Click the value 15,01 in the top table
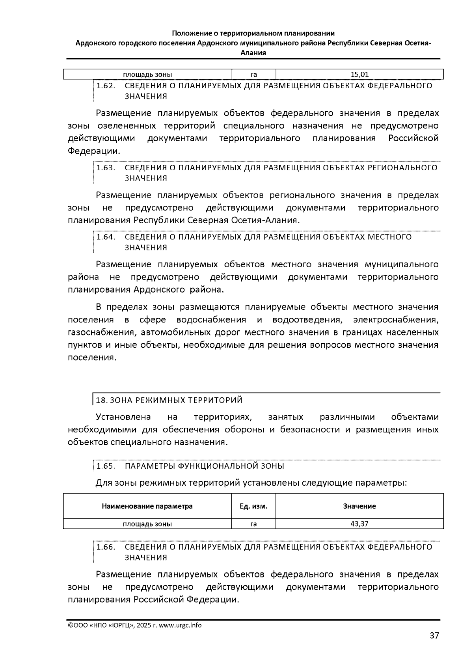click(359, 75)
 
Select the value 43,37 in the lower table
click(359, 524)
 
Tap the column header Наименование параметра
click(147, 506)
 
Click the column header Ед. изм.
click(253, 506)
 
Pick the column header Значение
click(359, 506)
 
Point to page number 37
click(434, 635)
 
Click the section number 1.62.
click(106, 86)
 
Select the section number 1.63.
click(106, 168)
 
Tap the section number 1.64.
click(106, 237)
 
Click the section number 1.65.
click(106, 466)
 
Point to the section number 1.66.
click(106, 547)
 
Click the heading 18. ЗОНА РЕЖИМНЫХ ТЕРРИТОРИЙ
click(169, 400)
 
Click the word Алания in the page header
click(253, 53)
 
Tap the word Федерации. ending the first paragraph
click(94, 151)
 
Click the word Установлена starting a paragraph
click(123, 417)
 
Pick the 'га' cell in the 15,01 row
click(253, 75)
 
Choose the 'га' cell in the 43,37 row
click(253, 524)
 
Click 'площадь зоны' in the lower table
click(147, 524)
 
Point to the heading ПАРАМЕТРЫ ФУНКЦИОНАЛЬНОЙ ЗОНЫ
click(204, 466)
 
